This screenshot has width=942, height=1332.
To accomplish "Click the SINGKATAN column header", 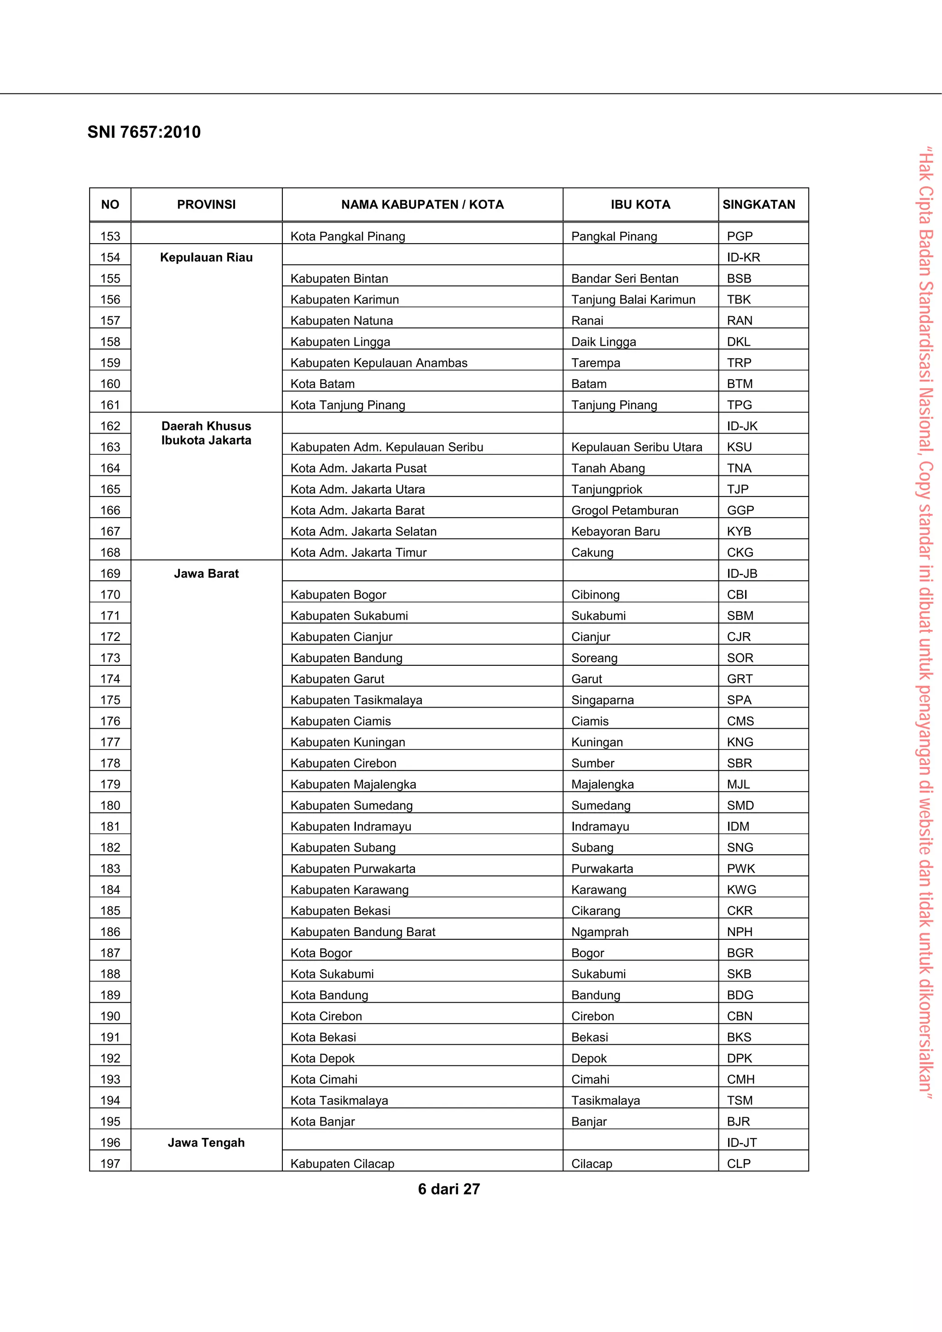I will [758, 204].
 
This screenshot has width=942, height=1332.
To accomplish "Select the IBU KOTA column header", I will [640, 204].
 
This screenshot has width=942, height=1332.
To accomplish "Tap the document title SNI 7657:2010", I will [144, 132].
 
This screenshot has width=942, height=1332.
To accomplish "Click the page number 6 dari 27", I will [448, 1189].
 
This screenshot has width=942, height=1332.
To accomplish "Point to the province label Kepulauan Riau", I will [206, 257].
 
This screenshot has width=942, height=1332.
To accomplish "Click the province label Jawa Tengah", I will [206, 1143].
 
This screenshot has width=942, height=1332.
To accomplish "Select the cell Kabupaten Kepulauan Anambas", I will [379, 363].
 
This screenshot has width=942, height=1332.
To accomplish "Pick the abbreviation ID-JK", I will [742, 426].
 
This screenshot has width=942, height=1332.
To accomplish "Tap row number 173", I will [110, 658].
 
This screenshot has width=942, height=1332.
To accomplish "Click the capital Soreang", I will [594, 658].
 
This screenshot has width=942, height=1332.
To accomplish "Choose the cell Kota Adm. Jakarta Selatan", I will [363, 532].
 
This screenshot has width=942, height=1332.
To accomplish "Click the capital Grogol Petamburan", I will [625, 510].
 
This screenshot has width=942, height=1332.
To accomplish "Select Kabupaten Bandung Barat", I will [363, 932].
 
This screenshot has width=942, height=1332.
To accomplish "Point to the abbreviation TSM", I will [740, 1101].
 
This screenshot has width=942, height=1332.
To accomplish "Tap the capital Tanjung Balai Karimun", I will [632, 300].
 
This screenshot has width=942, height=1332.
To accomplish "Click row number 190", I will [110, 1017].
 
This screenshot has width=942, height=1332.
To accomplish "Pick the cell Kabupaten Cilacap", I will [342, 1164].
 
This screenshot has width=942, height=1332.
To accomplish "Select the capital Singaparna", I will [602, 700].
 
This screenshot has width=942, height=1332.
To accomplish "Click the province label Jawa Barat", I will [206, 574].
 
